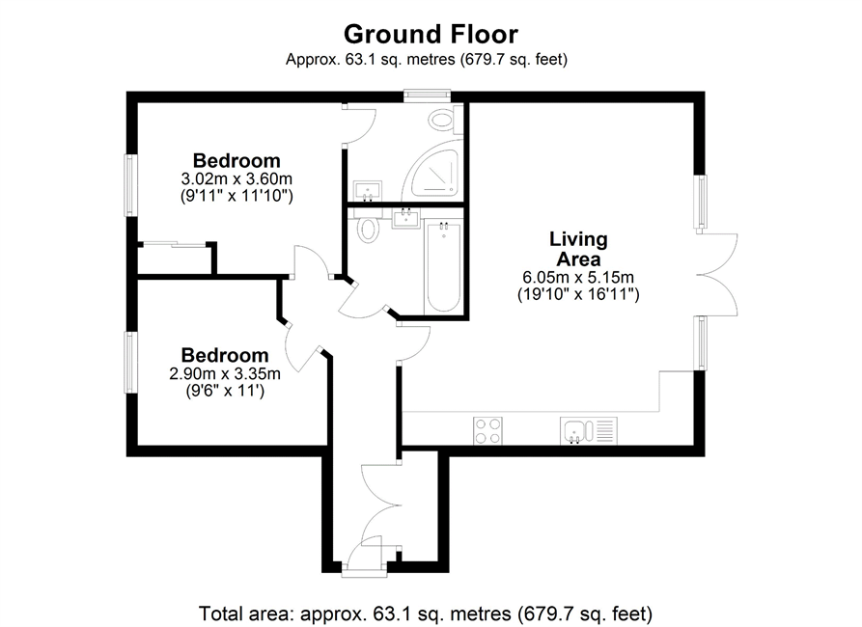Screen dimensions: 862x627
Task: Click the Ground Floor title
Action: pyautogui.click(x=431, y=34)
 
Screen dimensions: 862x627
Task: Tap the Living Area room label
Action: pyautogui.click(x=578, y=249)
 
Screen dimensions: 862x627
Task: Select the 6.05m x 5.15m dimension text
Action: pyautogui.click(x=578, y=277)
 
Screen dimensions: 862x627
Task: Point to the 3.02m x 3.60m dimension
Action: pyautogui.click(x=236, y=178)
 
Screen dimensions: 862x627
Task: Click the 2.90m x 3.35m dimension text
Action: pyautogui.click(x=225, y=373)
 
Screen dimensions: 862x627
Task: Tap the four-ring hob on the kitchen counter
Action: pyautogui.click(x=487, y=431)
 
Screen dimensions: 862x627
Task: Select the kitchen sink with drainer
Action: pyautogui.click(x=589, y=431)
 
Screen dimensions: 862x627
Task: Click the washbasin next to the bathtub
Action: pyautogui.click(x=406, y=218)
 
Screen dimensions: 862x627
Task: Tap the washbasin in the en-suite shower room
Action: pyautogui.click(x=368, y=192)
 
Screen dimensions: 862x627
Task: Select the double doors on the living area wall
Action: pyautogui.click(x=717, y=274)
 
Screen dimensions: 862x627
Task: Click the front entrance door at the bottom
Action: pyautogui.click(x=364, y=557)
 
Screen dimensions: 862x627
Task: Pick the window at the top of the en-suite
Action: pyautogui.click(x=428, y=96)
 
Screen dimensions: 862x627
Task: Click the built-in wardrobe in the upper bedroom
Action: pyautogui.click(x=176, y=258)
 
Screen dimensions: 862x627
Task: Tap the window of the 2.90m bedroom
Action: pyautogui.click(x=131, y=362)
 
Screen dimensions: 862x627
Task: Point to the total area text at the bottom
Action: pyautogui.click(x=426, y=613)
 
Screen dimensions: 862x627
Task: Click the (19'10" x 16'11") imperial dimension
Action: pyautogui.click(x=578, y=294)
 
